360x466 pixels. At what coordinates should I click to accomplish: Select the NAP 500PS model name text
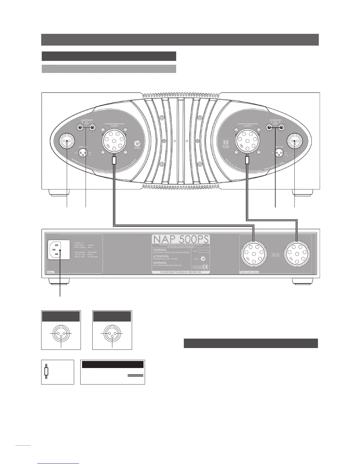(181, 239)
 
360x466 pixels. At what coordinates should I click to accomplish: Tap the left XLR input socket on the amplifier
(67, 142)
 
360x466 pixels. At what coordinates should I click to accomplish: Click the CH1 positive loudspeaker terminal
(80, 127)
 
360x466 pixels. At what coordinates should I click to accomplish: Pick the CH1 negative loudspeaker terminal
(92, 127)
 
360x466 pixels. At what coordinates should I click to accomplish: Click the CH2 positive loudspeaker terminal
(281, 127)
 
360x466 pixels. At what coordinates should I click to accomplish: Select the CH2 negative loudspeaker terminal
(269, 127)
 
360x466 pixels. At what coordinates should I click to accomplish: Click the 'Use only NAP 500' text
(276, 254)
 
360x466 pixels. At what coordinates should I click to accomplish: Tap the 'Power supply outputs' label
(249, 272)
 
